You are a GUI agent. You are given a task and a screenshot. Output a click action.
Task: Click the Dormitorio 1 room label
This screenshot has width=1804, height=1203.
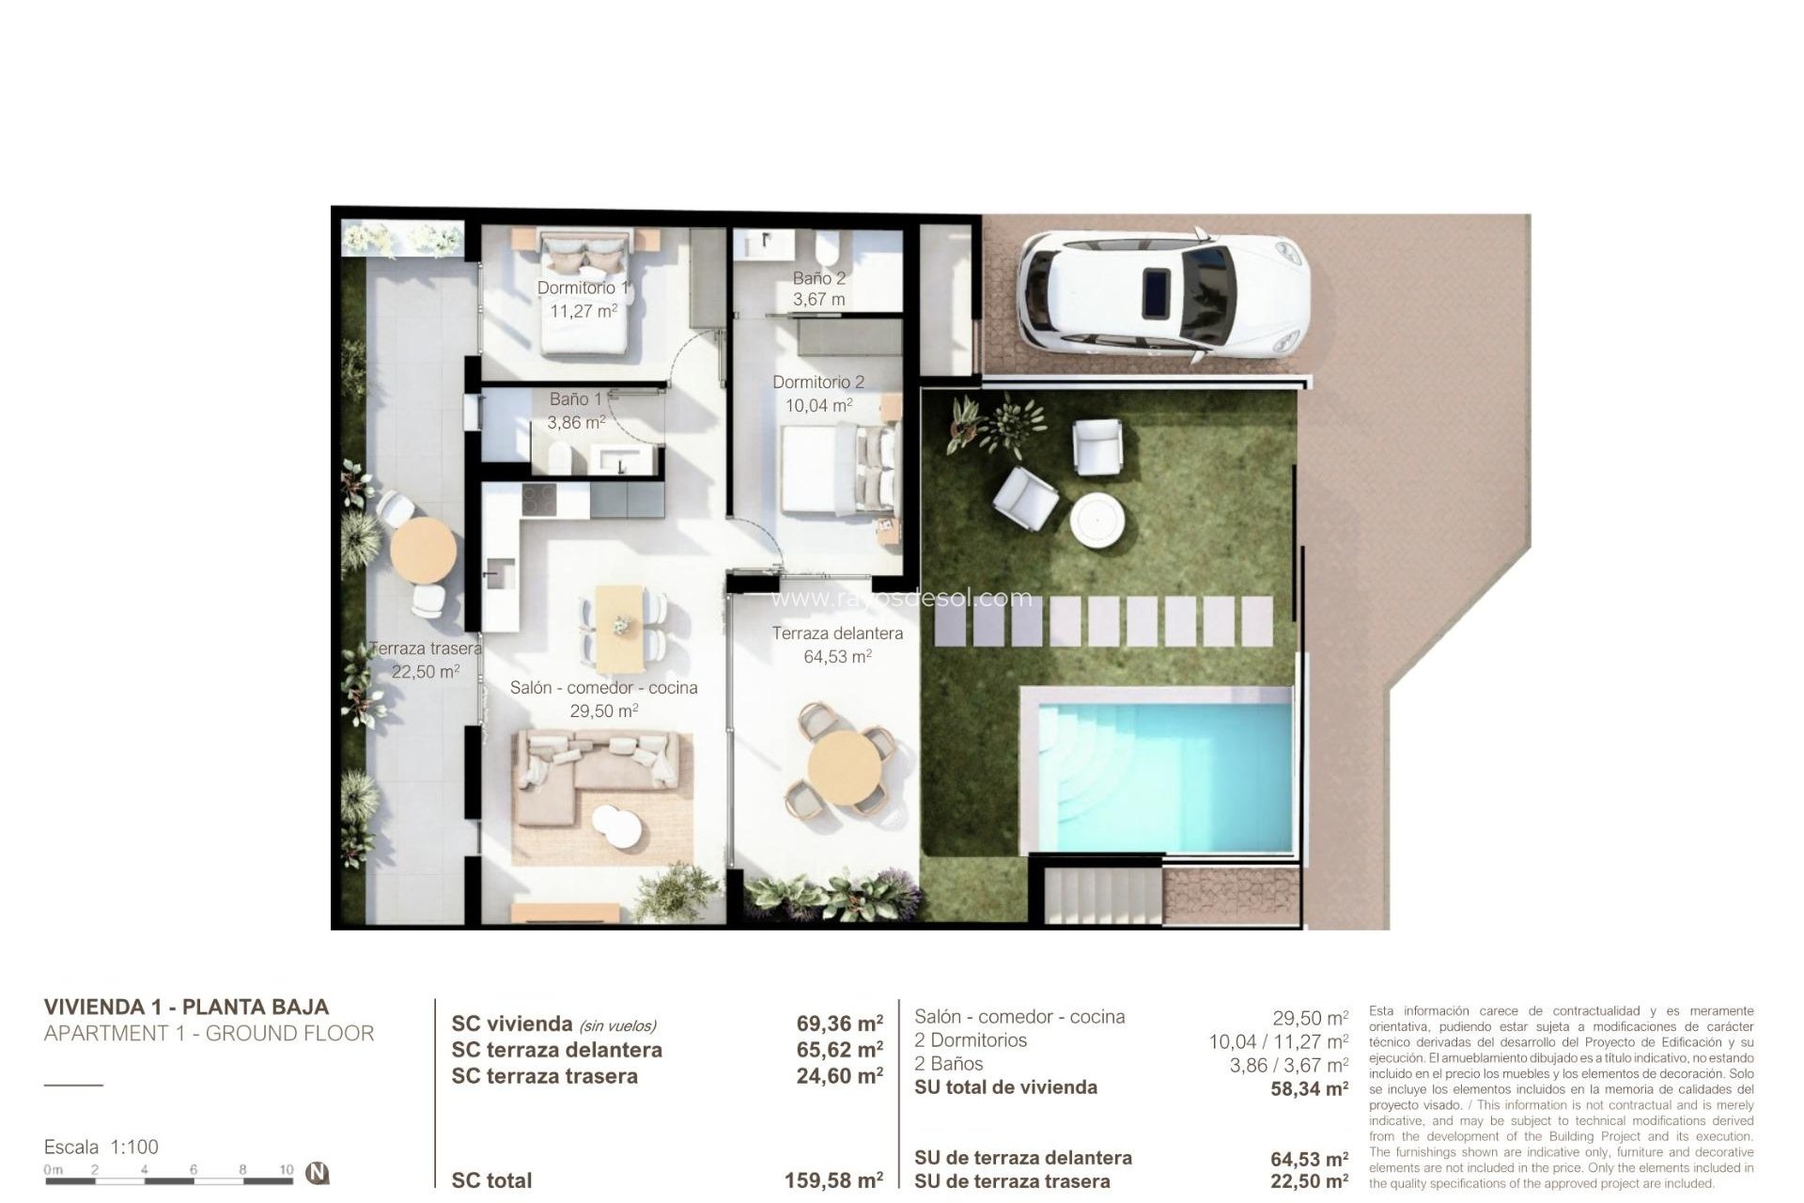coord(583,288)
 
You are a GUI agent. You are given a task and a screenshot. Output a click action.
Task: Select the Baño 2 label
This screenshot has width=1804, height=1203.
coord(818,278)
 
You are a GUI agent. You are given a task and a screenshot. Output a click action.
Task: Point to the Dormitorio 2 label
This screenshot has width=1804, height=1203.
coord(818,383)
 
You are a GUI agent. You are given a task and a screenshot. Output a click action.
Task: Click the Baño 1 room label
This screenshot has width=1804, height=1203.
coord(575,399)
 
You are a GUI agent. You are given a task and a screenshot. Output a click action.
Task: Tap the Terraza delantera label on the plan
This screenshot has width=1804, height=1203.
coord(837,633)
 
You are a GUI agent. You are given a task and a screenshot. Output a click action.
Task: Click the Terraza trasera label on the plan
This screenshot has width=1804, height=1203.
coord(426,648)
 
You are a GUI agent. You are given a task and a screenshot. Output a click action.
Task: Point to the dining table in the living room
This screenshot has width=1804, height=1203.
coord(620,622)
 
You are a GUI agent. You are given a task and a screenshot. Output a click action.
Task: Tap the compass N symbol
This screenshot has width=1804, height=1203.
coord(319,1173)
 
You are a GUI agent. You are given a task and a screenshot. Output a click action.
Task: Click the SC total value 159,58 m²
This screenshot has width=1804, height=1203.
coord(833,1180)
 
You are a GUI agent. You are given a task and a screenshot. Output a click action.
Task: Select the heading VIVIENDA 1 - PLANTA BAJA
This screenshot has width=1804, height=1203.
coord(186,1007)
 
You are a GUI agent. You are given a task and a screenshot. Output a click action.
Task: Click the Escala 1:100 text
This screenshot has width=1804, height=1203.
coord(101,1147)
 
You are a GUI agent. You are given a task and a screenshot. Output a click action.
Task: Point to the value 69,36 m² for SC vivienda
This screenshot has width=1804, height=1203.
coord(839,1023)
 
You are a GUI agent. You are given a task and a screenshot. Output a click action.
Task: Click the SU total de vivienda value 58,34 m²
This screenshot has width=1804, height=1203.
coord(1309,1088)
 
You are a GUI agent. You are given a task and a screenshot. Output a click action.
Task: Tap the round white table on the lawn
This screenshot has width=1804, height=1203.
coord(1097,520)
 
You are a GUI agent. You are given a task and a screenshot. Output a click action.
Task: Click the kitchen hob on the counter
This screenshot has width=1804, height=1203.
coord(539,498)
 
